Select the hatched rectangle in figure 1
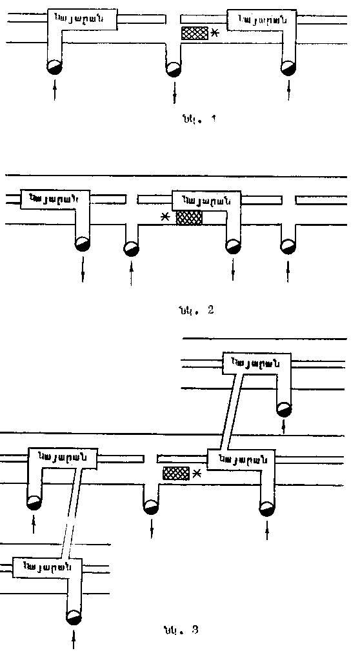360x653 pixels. click(x=195, y=34)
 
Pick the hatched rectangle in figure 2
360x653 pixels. click(x=190, y=217)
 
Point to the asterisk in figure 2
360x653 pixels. click(x=166, y=218)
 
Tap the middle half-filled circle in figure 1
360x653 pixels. click(x=173, y=68)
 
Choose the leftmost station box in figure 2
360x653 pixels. click(x=55, y=198)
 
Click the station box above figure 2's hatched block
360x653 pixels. click(x=206, y=199)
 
